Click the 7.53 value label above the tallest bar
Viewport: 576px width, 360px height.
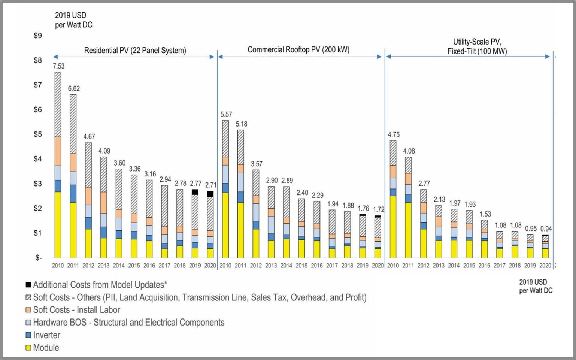(58, 66)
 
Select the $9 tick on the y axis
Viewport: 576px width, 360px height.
(38, 36)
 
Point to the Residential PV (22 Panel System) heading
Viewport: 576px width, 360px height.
(135, 50)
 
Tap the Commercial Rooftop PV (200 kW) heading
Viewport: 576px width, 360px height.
(298, 49)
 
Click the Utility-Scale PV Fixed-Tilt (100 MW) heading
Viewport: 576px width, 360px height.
(477, 46)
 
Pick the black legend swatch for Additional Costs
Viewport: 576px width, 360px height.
(28, 285)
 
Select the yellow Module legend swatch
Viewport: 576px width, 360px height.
(28, 348)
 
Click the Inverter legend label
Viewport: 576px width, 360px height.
(46, 335)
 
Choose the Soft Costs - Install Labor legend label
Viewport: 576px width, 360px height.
(76, 310)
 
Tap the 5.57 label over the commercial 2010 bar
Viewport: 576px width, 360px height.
(226, 115)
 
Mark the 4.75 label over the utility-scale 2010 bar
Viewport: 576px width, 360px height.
(394, 135)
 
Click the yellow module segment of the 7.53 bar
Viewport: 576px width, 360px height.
(58, 225)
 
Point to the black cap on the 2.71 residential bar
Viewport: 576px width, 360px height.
(210, 194)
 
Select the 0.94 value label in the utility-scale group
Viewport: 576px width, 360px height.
(546, 229)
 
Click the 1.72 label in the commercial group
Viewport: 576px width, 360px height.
(379, 209)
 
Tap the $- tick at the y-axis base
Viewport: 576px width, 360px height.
(38, 258)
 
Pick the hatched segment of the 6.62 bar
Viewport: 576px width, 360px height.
(73, 124)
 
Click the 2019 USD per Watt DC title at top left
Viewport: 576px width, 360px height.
(73, 20)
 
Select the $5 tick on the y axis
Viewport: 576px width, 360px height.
(38, 134)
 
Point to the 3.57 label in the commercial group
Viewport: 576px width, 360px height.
(257, 164)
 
